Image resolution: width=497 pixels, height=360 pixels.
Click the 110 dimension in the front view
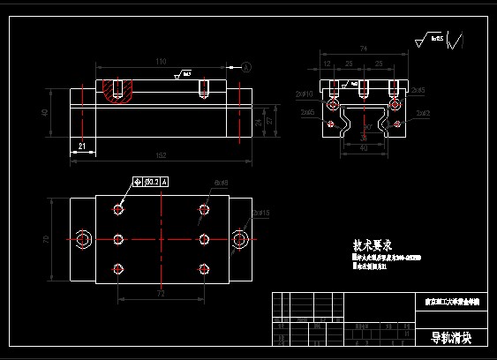161,62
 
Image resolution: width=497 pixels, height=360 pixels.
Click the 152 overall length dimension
161,155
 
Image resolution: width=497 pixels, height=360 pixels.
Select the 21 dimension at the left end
82,146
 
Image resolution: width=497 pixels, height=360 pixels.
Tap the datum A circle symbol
245,67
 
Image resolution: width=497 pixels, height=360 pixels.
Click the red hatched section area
117,89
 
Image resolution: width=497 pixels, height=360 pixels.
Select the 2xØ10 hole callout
305,93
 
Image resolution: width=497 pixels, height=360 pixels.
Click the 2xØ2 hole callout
422,113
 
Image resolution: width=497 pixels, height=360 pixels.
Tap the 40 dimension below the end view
364,147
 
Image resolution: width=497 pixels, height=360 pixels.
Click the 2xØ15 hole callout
261,213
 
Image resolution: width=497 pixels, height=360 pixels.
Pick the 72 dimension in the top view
161,291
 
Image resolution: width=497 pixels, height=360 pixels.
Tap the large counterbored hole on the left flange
83,239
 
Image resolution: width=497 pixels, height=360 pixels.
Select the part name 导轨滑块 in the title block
451,338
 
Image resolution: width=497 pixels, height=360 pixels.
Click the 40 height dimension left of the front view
44,112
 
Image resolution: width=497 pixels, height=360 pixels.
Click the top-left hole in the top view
118,209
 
